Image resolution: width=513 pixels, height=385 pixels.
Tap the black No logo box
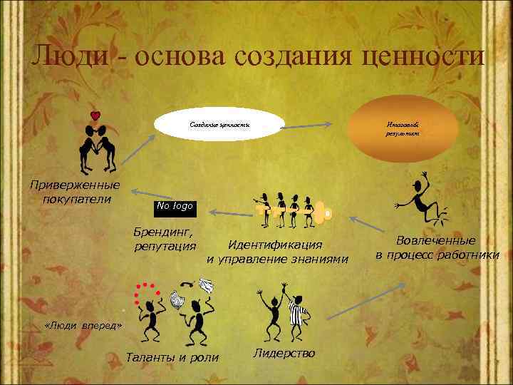(173, 206)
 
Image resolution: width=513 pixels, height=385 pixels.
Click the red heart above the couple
(95, 115)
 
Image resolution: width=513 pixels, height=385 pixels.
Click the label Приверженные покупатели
(74, 192)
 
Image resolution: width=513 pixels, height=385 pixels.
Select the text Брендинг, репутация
(165, 239)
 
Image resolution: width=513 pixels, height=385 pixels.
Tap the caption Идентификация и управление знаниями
(278, 252)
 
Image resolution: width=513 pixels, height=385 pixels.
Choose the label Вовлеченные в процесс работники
(437, 247)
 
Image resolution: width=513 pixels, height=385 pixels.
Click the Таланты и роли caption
(172, 356)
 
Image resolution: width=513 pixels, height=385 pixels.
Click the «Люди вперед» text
(83, 325)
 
